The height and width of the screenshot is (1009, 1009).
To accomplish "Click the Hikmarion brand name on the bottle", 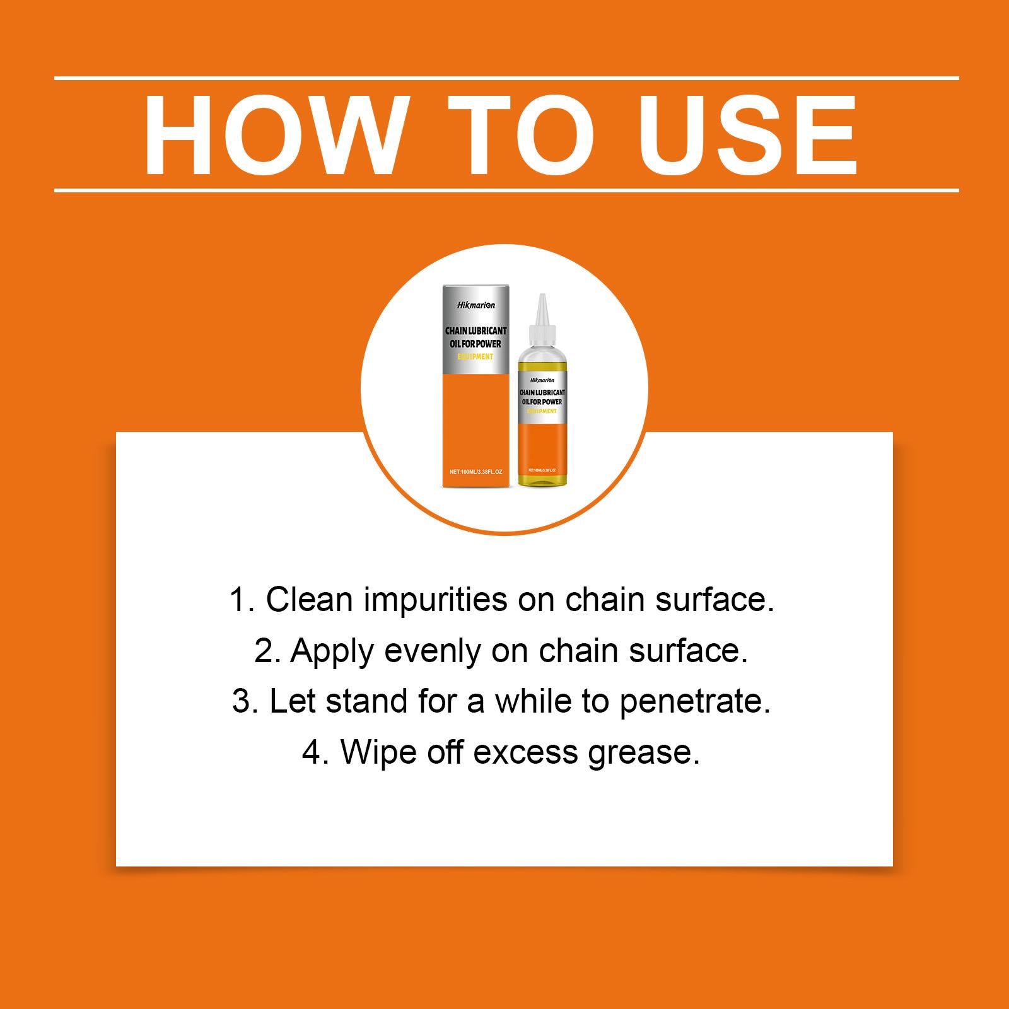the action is (542, 380).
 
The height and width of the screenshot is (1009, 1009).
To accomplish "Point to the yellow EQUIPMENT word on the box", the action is (475, 357).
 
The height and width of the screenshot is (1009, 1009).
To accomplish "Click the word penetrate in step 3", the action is (695, 703).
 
